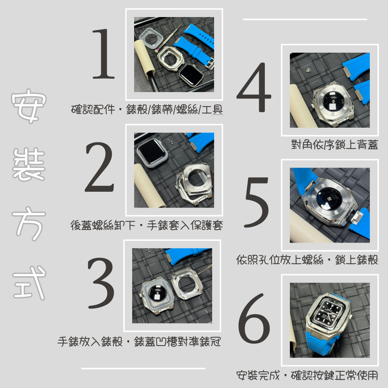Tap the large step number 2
(99, 168)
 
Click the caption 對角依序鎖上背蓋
(335, 145)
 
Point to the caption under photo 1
(147, 110)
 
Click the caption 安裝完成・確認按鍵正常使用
(307, 376)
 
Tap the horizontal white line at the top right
(305, 19)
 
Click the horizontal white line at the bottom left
(143, 368)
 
